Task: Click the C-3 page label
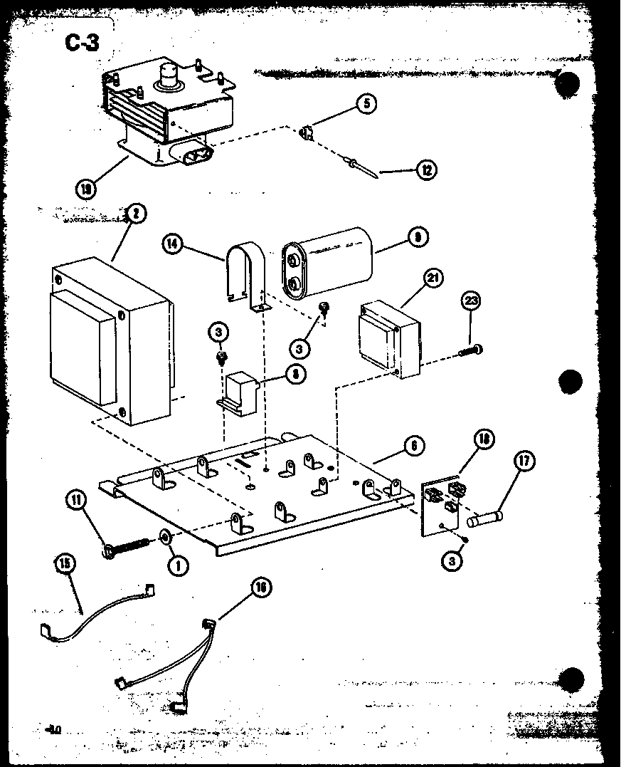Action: click(82, 44)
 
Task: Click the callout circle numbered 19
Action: click(87, 189)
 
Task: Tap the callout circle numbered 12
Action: click(426, 169)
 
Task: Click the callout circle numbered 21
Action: click(432, 278)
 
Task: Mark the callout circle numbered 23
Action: click(469, 301)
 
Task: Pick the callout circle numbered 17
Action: click(524, 461)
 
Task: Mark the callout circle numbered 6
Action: click(413, 447)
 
